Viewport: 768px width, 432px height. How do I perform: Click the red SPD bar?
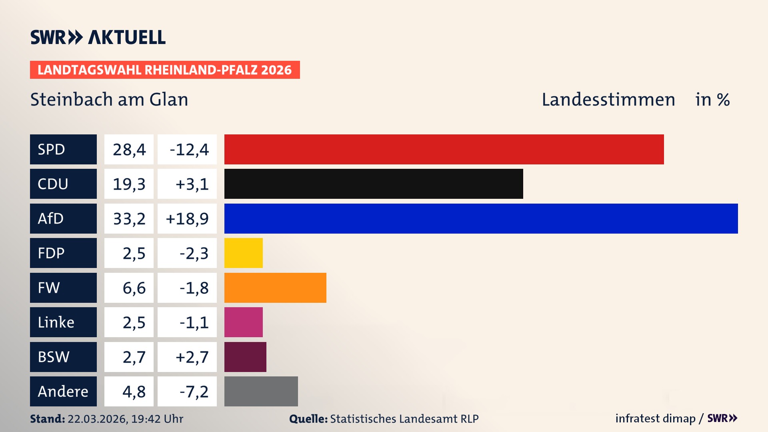tap(444, 149)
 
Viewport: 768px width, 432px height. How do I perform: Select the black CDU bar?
tap(374, 184)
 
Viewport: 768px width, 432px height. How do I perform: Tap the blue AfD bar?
tap(481, 218)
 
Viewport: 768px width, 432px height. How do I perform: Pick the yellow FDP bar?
tap(243, 253)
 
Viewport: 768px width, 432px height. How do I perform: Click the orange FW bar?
tap(275, 288)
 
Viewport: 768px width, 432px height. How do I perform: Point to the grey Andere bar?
tap(261, 391)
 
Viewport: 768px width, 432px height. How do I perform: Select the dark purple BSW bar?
tap(245, 357)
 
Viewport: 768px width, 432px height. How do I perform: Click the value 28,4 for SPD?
tap(129, 149)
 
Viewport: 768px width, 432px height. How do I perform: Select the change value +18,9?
tap(187, 218)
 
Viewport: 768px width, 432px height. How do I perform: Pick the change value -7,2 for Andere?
tap(194, 391)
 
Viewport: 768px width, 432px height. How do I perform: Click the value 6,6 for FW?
tap(134, 288)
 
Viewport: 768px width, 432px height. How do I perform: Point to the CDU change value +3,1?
tap(192, 184)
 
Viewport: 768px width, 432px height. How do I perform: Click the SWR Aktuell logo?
tap(98, 37)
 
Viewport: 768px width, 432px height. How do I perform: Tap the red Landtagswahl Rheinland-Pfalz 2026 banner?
tap(165, 70)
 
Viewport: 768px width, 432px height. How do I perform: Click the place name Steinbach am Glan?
tap(109, 99)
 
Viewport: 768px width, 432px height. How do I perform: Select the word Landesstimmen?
tap(608, 99)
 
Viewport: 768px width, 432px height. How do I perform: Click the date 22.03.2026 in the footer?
tap(97, 419)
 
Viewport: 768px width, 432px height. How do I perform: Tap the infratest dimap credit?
tap(655, 418)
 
